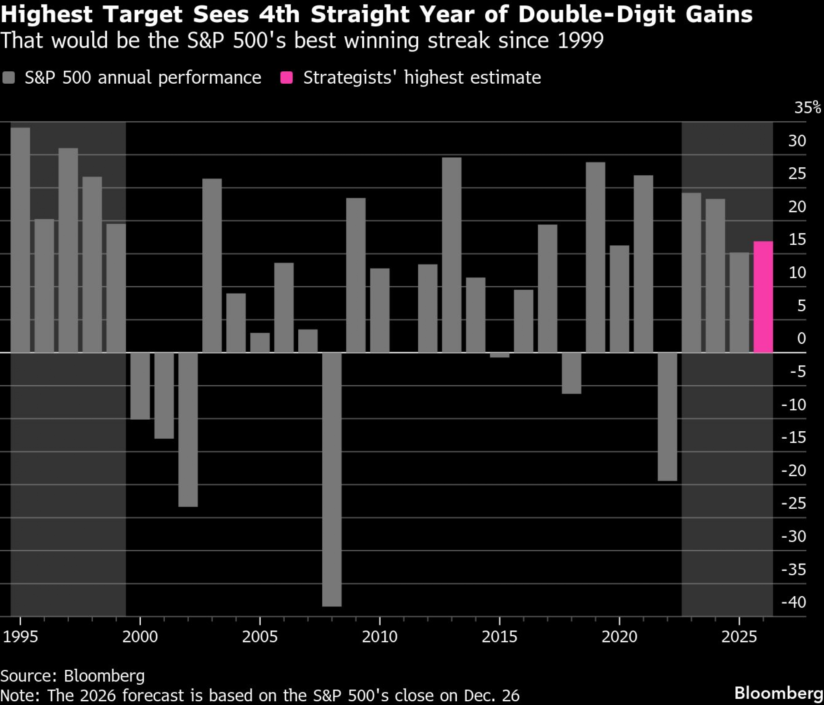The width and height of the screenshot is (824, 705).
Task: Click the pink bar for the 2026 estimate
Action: [x=763, y=297]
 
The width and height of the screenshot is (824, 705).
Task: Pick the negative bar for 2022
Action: [x=667, y=416]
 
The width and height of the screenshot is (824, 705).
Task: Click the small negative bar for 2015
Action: [x=499, y=355]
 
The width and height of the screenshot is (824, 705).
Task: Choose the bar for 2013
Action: [x=452, y=255]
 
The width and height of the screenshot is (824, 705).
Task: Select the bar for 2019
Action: [x=595, y=257]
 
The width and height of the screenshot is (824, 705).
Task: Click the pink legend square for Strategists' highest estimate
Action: [x=286, y=78]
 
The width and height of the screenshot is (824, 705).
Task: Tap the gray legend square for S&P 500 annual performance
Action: [x=9, y=78]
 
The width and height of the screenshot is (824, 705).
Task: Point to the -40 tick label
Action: [x=794, y=602]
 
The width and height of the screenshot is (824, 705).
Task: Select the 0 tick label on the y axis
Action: [x=801, y=338]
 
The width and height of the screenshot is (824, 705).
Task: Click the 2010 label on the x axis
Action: [x=379, y=637]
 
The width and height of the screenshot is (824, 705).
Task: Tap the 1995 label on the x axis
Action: [x=20, y=637]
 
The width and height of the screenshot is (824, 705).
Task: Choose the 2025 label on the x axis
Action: [x=739, y=637]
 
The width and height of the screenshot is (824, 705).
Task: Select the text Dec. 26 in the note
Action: [x=492, y=696]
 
